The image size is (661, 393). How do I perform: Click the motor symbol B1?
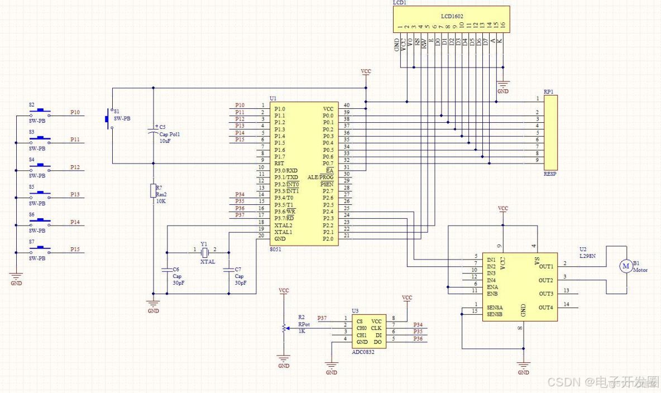(625, 266)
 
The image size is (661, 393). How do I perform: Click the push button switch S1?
(109, 119)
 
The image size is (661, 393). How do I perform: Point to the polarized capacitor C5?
(153, 132)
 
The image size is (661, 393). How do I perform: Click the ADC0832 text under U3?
(363, 352)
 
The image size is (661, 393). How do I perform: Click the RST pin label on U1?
(280, 163)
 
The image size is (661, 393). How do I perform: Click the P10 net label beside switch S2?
(75, 112)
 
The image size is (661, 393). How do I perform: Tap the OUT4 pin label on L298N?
(546, 308)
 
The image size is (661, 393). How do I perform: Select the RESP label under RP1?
(550, 174)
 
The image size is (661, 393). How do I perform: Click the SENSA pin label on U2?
(495, 308)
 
